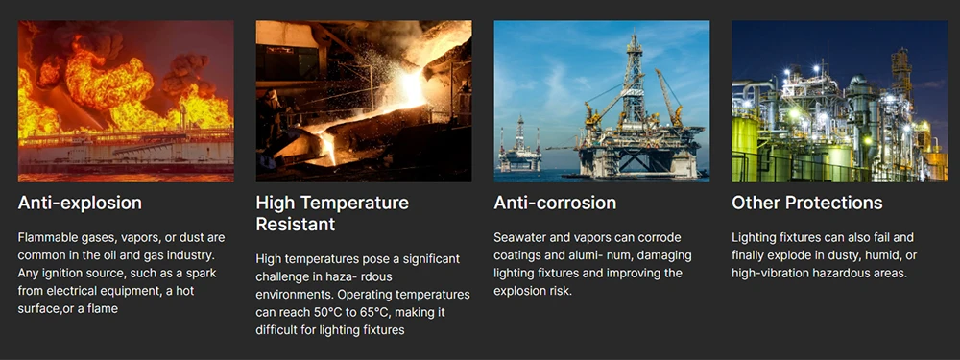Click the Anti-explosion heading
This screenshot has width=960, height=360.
point(80,203)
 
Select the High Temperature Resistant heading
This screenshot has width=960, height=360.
point(332,213)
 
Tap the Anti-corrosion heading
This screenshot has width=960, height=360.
point(555,203)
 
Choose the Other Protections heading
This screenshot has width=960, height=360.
point(806,203)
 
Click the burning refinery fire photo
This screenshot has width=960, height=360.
point(126,101)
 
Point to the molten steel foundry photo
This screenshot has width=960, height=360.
point(363,101)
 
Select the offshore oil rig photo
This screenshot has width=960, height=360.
point(602,101)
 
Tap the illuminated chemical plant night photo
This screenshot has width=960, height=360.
point(839,101)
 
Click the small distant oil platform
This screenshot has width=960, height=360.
point(519,147)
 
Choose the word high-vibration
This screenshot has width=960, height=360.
point(775,273)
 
